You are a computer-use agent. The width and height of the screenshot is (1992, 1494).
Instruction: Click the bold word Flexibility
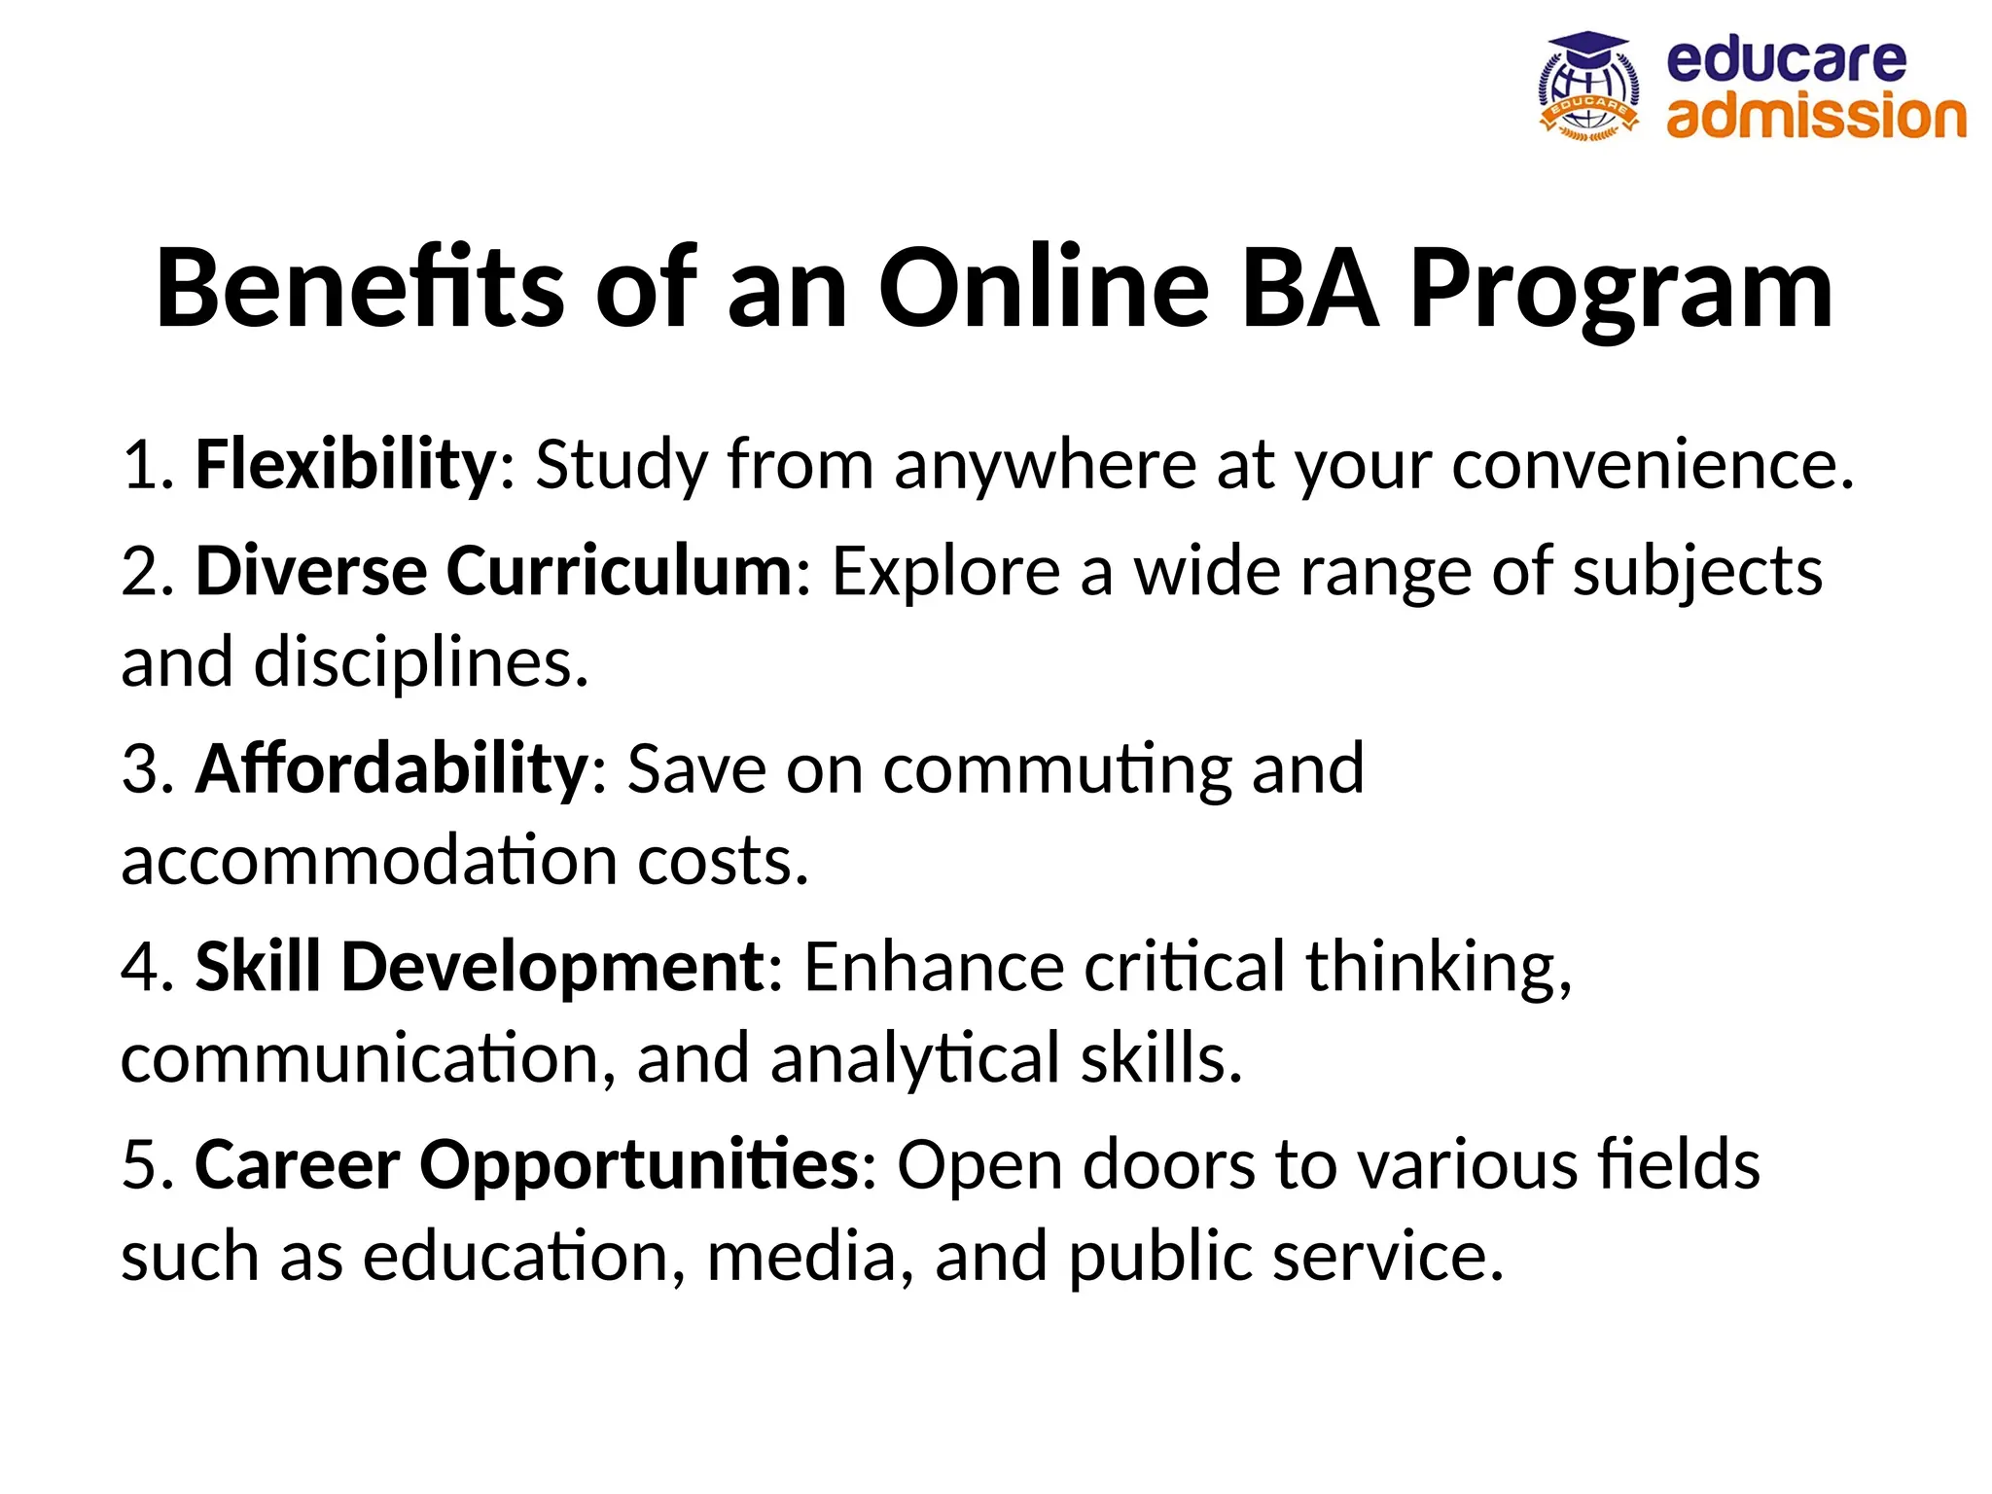[346, 465]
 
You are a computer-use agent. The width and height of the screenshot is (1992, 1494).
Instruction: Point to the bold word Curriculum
[620, 571]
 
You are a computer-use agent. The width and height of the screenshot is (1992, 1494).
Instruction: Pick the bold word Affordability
[391, 768]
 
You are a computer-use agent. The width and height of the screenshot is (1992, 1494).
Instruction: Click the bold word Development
[552, 967]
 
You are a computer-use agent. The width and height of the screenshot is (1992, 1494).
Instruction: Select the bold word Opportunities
[639, 1164]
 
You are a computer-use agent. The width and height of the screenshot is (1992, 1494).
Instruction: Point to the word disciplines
[420, 663]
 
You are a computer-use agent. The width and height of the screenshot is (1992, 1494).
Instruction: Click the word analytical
[914, 1059]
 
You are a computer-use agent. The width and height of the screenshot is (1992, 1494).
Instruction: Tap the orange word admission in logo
[1815, 116]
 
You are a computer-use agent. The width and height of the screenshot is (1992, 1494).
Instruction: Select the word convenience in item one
[1653, 465]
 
